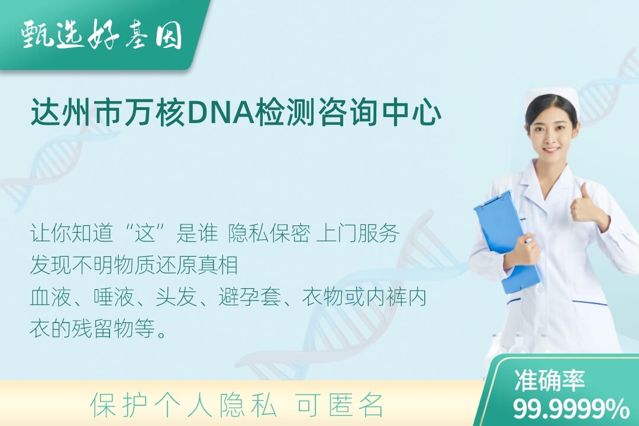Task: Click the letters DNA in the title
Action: tap(221, 113)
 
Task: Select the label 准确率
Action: tap(549, 380)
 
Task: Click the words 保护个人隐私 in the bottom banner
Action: tap(183, 405)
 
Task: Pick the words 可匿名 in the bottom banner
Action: tap(340, 405)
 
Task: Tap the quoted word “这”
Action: tap(146, 234)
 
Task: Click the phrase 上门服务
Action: tap(357, 234)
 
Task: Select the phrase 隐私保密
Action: tap(269, 234)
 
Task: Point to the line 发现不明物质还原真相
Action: tap(134, 265)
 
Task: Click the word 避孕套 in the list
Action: tap(250, 297)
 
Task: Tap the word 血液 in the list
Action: tap(51, 297)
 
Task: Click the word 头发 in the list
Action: tap(176, 297)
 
